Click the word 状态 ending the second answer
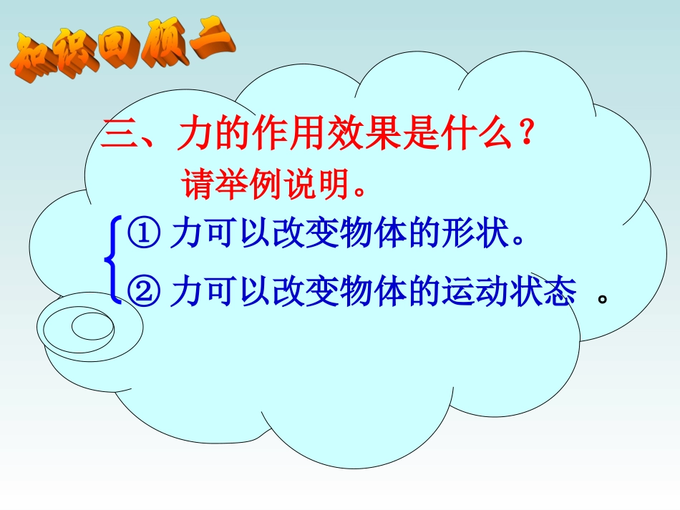point(550,292)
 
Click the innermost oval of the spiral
point(92,328)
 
